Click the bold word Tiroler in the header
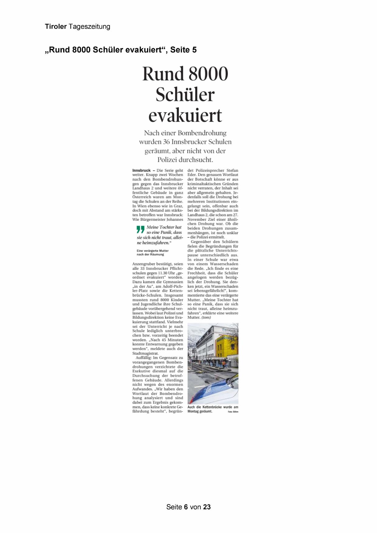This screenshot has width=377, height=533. [x=56, y=27]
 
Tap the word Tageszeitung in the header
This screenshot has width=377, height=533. [x=89, y=27]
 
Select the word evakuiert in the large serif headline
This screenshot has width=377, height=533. [x=185, y=115]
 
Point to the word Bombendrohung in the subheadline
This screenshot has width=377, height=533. [x=202, y=133]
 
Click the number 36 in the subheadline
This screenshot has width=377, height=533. [x=166, y=142]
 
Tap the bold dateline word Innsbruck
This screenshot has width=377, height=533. [x=142, y=170]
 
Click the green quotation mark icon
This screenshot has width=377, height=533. [x=140, y=229]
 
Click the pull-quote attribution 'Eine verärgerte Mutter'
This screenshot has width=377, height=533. [x=153, y=251]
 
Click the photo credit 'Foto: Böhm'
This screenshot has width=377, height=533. [x=233, y=412]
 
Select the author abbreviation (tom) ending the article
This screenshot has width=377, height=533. [x=206, y=318]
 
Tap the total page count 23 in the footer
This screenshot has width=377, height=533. [x=207, y=507]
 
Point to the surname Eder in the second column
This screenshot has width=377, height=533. [x=192, y=175]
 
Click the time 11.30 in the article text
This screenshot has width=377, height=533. [x=164, y=273]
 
